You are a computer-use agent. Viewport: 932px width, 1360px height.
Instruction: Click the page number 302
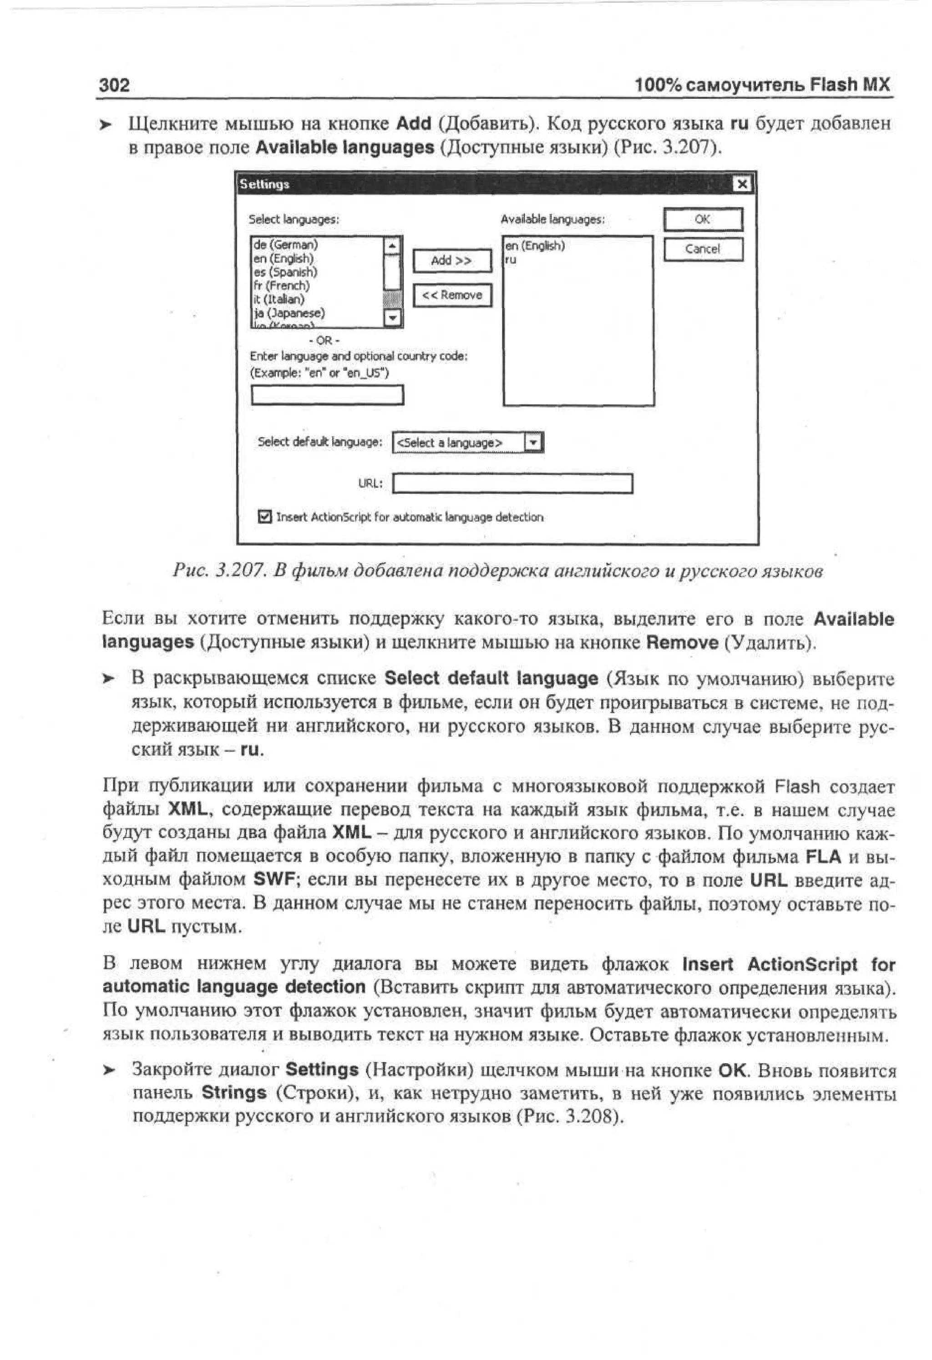pyautogui.click(x=114, y=86)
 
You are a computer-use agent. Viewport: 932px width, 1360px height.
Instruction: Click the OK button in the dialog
pyautogui.click(x=703, y=219)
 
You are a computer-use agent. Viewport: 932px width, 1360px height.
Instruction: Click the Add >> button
pyautogui.click(x=452, y=260)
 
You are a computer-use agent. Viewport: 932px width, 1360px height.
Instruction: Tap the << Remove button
pyautogui.click(x=452, y=295)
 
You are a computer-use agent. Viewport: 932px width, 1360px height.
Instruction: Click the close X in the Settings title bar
pyautogui.click(x=741, y=184)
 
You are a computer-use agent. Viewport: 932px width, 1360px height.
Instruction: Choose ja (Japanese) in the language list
pyautogui.click(x=289, y=313)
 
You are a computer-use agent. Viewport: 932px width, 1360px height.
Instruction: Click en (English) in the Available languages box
pyautogui.click(x=534, y=246)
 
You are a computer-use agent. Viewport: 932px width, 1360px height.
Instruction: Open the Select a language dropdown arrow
pyautogui.click(x=533, y=442)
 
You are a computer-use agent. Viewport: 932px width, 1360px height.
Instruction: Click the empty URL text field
pyautogui.click(x=512, y=484)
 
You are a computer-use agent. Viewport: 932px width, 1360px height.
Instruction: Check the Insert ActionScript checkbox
pyautogui.click(x=265, y=517)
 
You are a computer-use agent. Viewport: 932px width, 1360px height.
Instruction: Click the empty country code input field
pyautogui.click(x=327, y=395)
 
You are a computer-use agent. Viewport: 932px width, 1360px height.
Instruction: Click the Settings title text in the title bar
pyautogui.click(x=264, y=184)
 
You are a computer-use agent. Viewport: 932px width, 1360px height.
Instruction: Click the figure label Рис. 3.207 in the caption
pyautogui.click(x=219, y=571)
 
